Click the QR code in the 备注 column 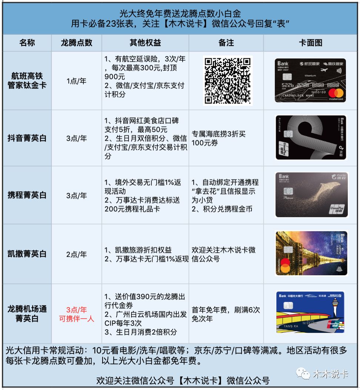tap(228, 80)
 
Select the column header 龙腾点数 tap(76, 43)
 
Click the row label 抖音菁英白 tap(27, 138)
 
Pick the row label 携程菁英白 tap(27, 195)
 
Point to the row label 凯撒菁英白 tap(27, 254)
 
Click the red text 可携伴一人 tap(76, 318)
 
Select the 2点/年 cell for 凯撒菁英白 tap(76, 255)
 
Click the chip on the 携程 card tap(287, 192)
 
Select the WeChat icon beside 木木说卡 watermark tap(305, 374)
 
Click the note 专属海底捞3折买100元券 tap(219, 138)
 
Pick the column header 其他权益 tap(145, 43)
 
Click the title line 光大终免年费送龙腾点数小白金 tap(180, 14)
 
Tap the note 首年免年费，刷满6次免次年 tap(226, 314)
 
